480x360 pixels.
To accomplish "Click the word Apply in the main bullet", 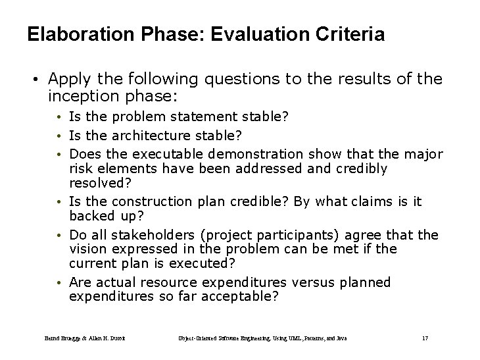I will [70, 80].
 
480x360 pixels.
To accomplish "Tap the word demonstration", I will [257, 154].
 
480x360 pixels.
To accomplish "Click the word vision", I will [86, 249].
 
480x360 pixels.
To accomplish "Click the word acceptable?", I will [241, 297].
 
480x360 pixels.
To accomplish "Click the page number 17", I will [424, 338].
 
